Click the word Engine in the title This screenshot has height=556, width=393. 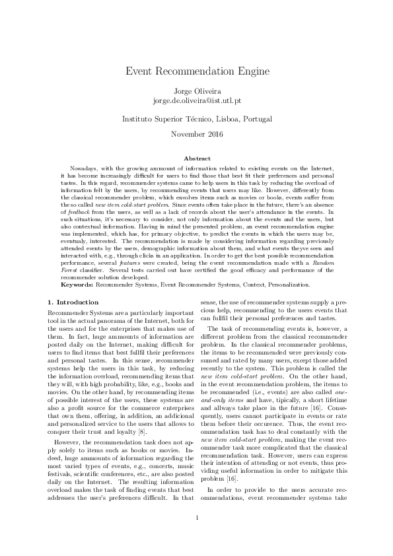(249, 71)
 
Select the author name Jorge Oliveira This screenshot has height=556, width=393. (196, 91)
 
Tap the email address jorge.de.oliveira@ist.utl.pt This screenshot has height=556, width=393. (196, 101)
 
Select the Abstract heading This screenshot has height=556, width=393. (196, 158)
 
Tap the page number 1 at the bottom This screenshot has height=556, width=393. (196, 516)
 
